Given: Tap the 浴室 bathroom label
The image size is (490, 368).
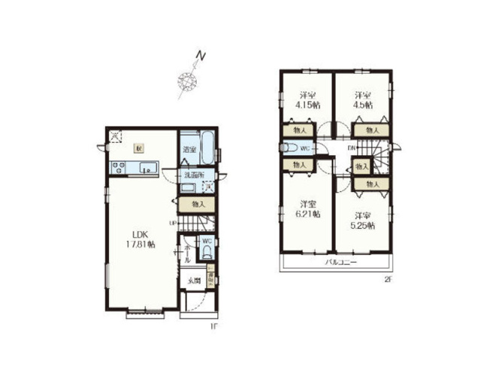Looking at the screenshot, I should click(189, 150).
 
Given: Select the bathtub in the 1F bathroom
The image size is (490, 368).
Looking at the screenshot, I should click(208, 149).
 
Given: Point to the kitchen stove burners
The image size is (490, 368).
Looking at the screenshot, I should click(119, 167).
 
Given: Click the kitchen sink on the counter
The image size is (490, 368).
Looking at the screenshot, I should click(146, 168).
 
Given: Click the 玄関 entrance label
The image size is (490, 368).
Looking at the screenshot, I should click(193, 281).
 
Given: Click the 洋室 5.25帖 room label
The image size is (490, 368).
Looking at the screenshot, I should click(364, 218).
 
